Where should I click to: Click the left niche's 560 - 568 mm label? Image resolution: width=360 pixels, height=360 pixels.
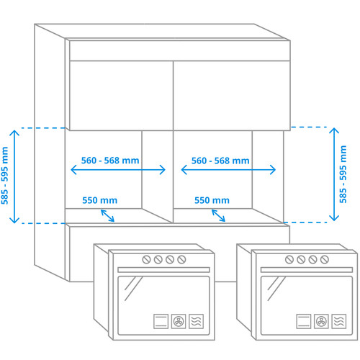click(x=110, y=161)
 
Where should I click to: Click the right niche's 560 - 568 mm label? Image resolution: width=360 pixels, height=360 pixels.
click(x=220, y=161)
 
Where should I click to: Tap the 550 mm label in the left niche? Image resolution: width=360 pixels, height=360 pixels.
click(x=100, y=200)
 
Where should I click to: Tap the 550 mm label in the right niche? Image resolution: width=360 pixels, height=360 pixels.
click(x=212, y=200)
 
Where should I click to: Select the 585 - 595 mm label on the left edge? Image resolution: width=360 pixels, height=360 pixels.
click(x=4, y=176)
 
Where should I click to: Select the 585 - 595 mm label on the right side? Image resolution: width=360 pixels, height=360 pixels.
click(x=343, y=174)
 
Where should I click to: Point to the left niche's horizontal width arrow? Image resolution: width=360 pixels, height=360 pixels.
click(x=118, y=170)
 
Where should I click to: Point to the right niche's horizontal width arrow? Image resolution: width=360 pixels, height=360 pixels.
click(x=228, y=170)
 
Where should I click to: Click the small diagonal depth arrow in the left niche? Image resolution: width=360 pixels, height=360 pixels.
click(x=107, y=215)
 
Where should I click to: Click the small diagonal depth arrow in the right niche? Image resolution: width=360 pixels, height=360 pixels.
click(x=218, y=215)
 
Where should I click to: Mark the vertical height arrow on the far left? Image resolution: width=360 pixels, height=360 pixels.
click(x=14, y=176)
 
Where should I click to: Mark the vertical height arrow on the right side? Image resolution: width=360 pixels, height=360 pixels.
click(x=334, y=174)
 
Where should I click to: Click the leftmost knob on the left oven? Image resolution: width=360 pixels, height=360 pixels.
click(x=146, y=259)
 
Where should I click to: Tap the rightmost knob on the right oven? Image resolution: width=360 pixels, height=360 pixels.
click(x=325, y=259)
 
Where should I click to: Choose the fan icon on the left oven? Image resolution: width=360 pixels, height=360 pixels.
click(x=179, y=321)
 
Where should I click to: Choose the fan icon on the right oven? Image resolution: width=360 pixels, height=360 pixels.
click(x=321, y=321)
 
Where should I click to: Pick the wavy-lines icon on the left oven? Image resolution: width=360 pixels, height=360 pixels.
click(x=197, y=321)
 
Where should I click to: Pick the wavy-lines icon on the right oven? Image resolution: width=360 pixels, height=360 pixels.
click(x=339, y=321)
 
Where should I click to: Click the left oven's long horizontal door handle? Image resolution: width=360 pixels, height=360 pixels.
click(x=163, y=270)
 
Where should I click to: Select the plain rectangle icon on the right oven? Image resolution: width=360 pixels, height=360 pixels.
click(x=304, y=321)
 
